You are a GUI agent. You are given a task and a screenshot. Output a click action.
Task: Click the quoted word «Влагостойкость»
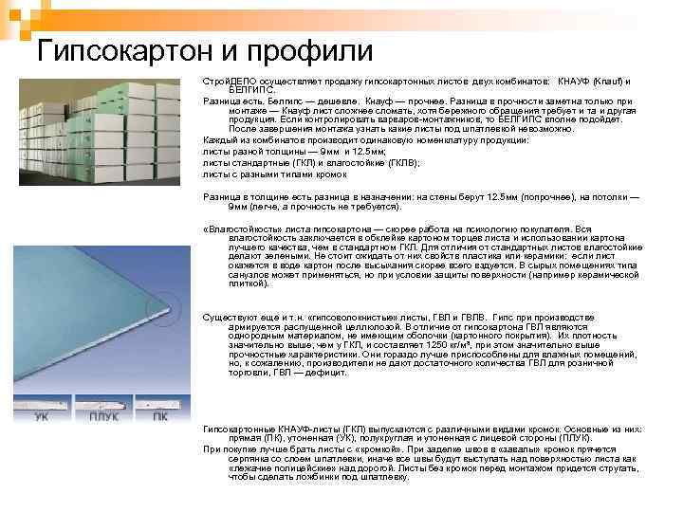(x=239, y=229)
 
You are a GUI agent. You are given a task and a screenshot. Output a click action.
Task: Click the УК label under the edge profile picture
(x=43, y=415)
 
